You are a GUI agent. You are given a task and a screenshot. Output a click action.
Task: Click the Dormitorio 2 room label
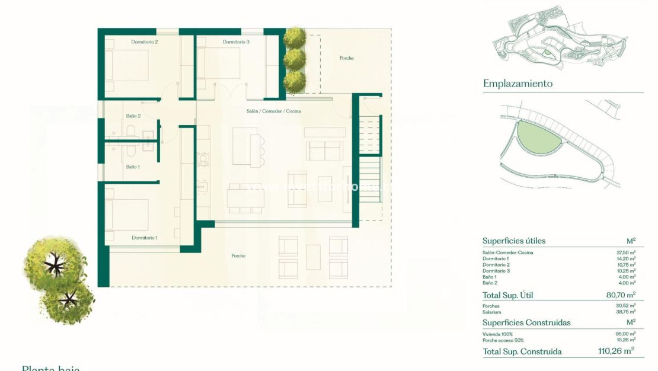[145, 42]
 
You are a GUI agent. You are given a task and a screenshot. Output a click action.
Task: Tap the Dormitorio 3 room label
[236, 42]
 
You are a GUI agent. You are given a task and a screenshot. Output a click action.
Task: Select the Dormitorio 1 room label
[145, 238]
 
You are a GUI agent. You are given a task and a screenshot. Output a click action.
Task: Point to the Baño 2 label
[133, 116]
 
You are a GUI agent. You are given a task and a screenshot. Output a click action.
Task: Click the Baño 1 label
[133, 167]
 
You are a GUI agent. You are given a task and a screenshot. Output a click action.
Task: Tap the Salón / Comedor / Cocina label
[273, 111]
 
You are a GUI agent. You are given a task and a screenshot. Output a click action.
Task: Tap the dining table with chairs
[244, 197]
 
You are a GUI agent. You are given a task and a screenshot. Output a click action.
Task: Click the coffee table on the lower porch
[313, 257]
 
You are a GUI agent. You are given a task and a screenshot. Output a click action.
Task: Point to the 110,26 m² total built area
[616, 351]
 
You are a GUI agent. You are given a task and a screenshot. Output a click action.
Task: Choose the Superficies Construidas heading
[526, 323]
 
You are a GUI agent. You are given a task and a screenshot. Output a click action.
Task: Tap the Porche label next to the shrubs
[347, 58]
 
